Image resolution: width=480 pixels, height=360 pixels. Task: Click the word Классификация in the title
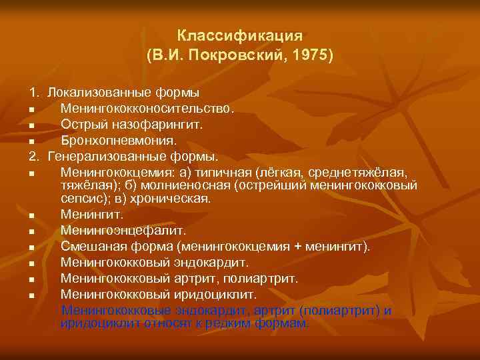(241, 35)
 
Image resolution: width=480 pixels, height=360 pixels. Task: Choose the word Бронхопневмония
(119, 141)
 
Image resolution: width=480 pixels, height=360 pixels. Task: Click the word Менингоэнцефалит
(122, 231)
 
